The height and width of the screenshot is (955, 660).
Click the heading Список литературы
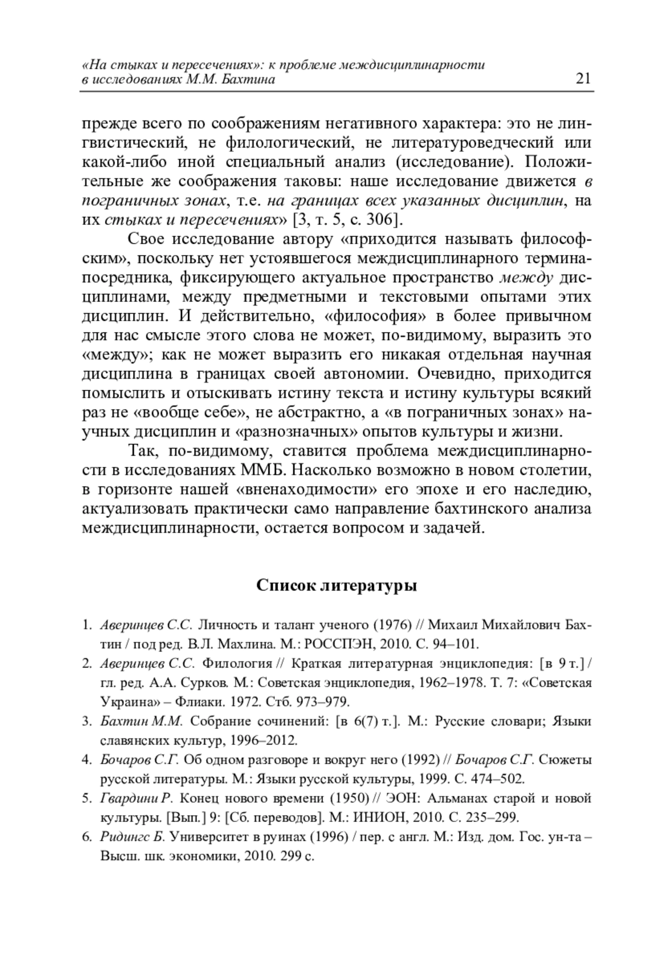(337, 586)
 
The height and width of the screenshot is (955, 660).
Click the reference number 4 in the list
(86, 760)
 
